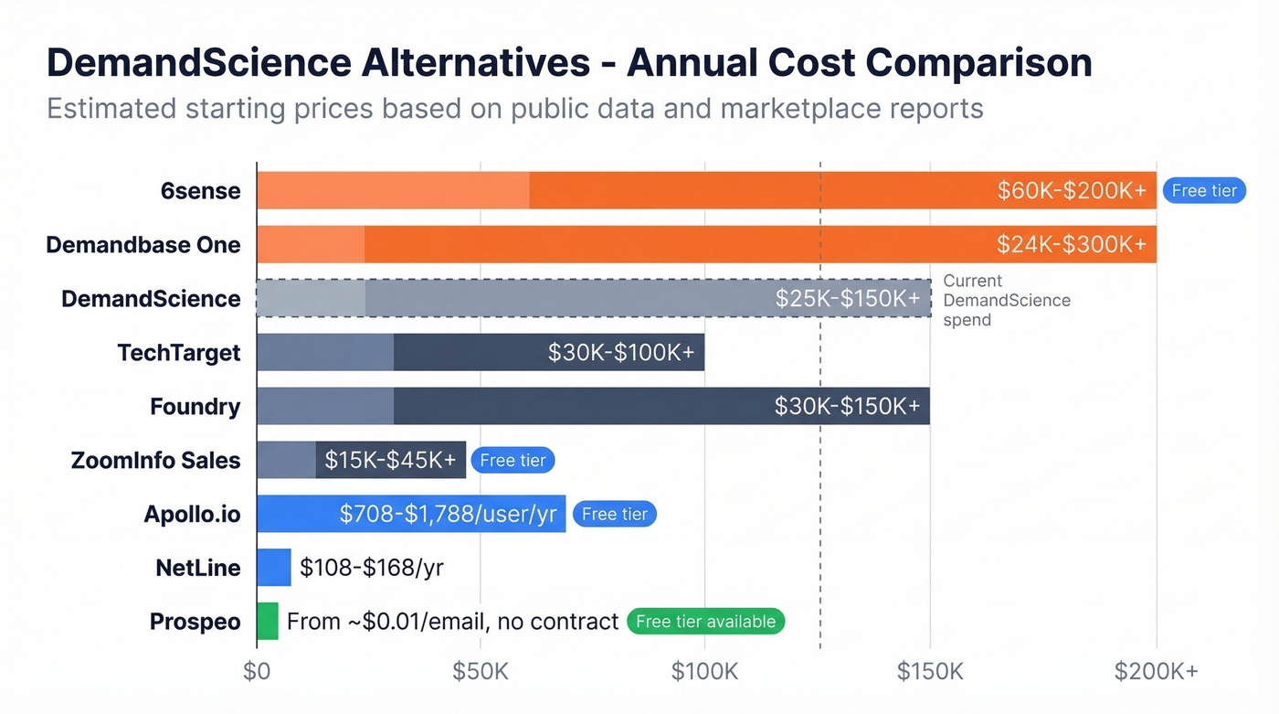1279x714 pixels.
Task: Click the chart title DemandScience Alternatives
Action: (568, 63)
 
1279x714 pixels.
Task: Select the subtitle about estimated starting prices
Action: (514, 109)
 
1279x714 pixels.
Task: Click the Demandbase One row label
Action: (143, 245)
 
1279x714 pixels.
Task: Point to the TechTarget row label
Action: (179, 353)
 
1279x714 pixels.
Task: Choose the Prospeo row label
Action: (196, 622)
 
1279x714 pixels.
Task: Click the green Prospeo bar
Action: (268, 621)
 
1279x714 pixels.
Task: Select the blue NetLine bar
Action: (274, 567)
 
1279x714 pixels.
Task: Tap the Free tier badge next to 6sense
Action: (1204, 190)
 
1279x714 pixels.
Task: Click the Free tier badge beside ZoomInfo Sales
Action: (513, 460)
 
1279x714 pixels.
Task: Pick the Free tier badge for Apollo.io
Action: (614, 514)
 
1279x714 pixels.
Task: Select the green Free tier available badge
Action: (705, 622)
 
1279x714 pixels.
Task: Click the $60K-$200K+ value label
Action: (1072, 190)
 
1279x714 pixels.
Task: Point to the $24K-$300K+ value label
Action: (1072, 244)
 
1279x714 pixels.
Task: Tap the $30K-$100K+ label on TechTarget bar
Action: (621, 352)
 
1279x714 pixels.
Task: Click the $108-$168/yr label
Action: (372, 567)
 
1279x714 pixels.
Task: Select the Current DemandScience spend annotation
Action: (1006, 300)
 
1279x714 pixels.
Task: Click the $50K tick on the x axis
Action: (481, 671)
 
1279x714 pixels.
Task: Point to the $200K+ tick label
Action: (1156, 671)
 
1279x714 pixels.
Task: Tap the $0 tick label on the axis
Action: (257, 671)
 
